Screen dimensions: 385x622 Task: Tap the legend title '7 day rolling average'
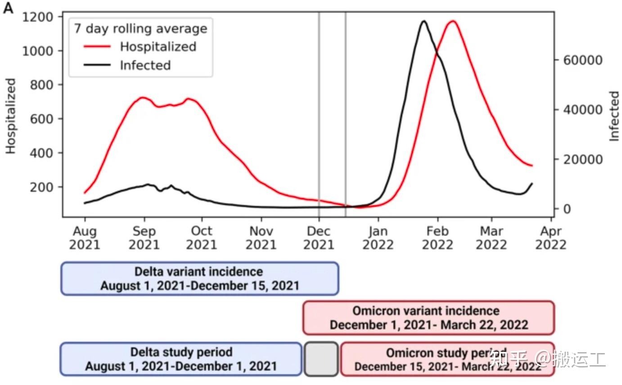(x=140, y=28)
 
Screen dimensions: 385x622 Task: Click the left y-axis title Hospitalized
(x=11, y=116)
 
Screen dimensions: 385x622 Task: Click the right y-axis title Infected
(x=614, y=116)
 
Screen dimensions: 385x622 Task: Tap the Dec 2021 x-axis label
(x=319, y=238)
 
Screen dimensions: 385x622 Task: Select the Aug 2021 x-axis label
(x=85, y=238)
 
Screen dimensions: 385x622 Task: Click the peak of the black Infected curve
(x=424, y=21)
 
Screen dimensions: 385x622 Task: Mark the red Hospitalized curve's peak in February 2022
(x=452, y=21)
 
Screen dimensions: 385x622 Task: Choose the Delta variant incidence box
(x=199, y=279)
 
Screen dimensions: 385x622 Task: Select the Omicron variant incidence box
(x=428, y=318)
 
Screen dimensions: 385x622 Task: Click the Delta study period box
(x=181, y=359)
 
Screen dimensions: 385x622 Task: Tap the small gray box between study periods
(x=321, y=359)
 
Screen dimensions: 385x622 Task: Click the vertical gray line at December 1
(x=319, y=112)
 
